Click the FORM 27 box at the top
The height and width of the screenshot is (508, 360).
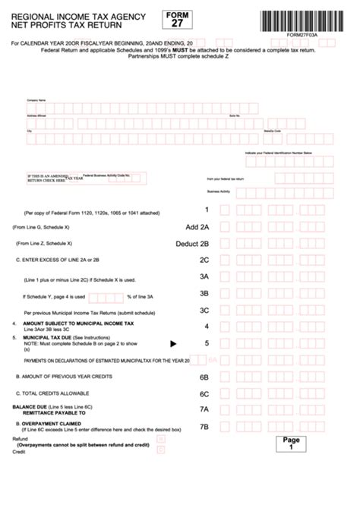(177, 18)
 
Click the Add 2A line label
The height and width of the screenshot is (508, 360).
(197, 226)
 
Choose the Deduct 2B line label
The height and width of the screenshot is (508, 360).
(191, 243)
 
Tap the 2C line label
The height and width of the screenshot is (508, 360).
(204, 260)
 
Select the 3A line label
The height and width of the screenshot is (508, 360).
(204, 276)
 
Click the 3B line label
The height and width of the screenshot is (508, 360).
(204, 293)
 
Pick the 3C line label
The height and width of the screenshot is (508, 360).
(204, 310)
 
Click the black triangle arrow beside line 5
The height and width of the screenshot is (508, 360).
(172, 343)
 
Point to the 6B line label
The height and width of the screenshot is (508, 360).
(204, 377)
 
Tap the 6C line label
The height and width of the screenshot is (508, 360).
(204, 393)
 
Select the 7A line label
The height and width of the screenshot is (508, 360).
(204, 410)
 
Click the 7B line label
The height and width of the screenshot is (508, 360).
(204, 427)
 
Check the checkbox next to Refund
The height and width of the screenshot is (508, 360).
(159, 439)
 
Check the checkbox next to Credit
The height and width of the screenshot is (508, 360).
(159, 449)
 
